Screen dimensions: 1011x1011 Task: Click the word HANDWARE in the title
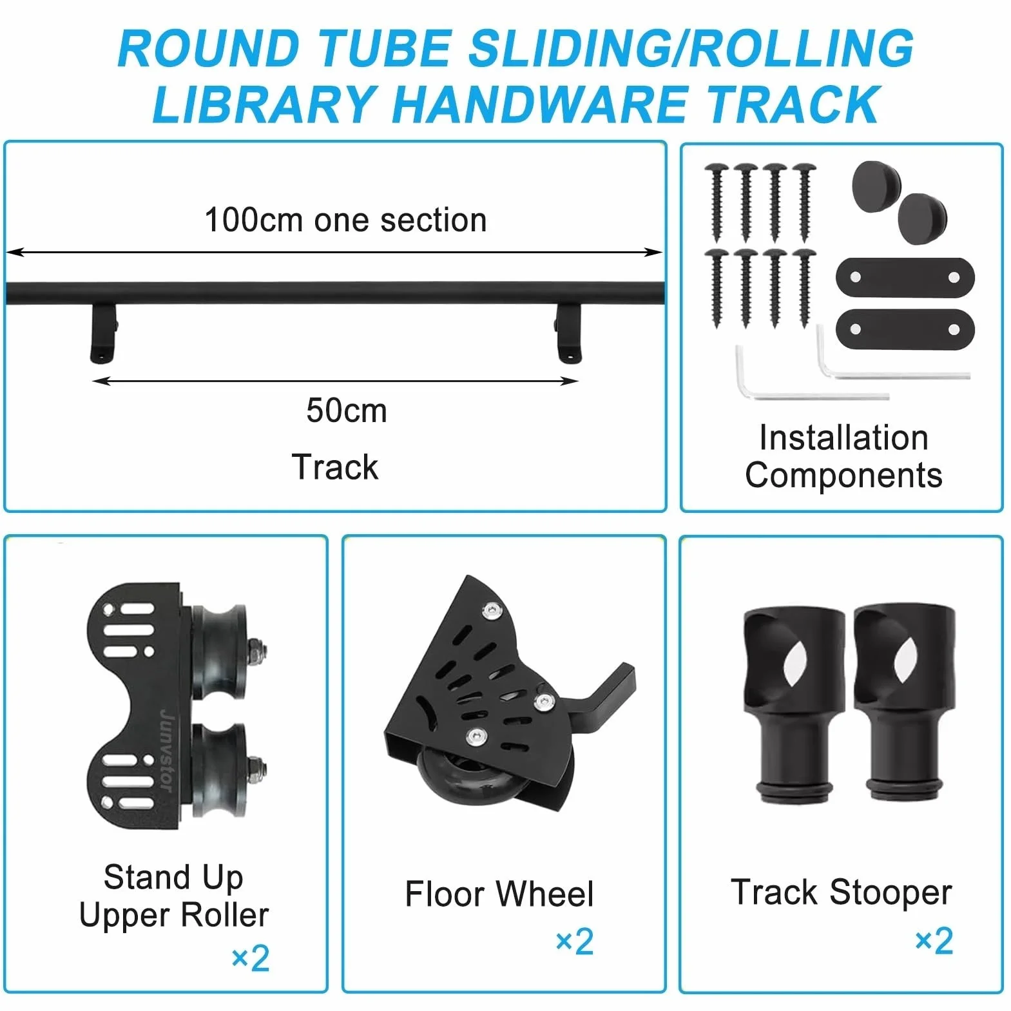point(540,104)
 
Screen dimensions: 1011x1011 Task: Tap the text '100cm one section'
point(345,220)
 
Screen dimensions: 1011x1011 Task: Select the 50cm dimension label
point(347,410)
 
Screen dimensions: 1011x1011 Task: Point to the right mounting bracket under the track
point(568,332)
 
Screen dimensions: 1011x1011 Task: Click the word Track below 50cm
point(335,467)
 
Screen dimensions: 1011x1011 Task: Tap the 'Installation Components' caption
point(843,456)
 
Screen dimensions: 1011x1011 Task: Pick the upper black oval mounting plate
point(905,278)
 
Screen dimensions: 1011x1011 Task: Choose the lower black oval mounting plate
point(905,329)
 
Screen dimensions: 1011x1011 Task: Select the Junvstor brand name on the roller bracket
point(166,750)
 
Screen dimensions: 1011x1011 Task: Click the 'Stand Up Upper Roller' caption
point(173,896)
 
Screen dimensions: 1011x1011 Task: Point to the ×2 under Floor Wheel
point(574,941)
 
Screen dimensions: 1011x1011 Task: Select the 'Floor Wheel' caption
point(499,894)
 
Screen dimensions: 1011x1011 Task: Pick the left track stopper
point(794,705)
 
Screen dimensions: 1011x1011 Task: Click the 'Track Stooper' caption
point(841,892)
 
